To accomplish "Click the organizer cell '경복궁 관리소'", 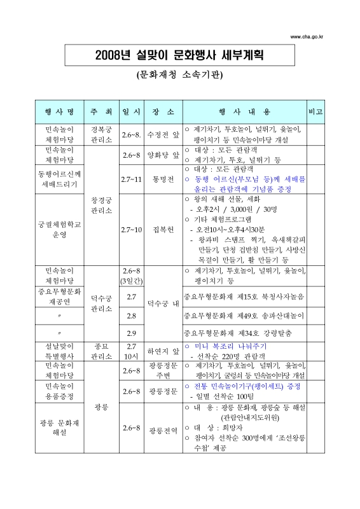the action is [x=102, y=136].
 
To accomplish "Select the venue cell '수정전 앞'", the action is [x=163, y=136].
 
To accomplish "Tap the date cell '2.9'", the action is [x=132, y=333].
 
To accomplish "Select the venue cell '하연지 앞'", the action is [x=163, y=351].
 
